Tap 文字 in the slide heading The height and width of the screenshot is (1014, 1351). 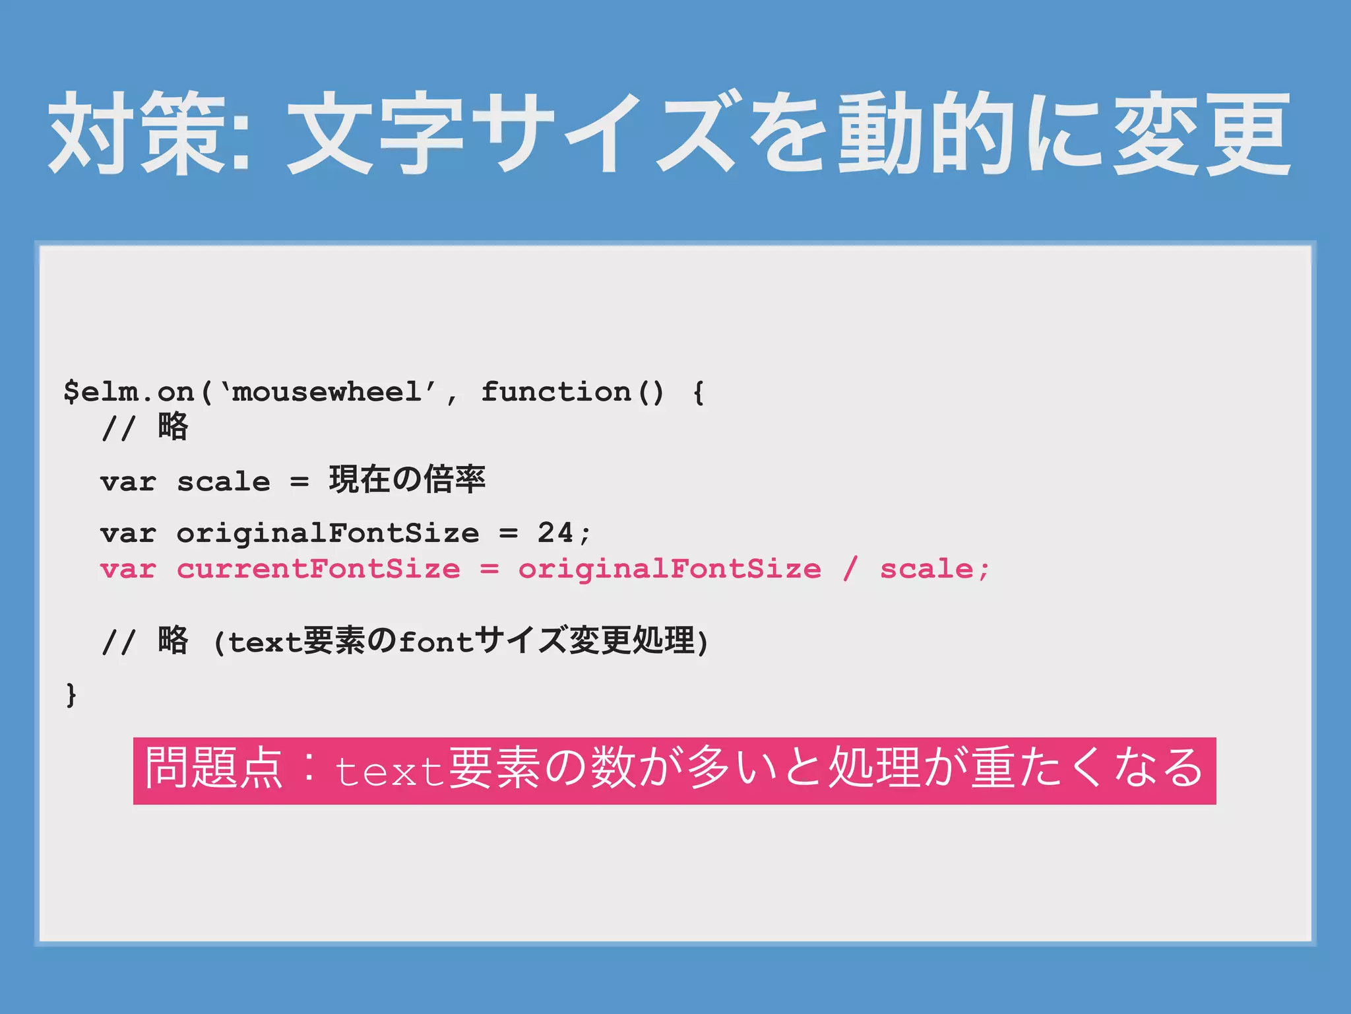coord(375,133)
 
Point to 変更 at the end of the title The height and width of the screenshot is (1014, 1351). coord(1201,133)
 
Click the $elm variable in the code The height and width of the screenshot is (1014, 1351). coord(101,392)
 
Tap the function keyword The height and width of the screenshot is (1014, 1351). coord(555,392)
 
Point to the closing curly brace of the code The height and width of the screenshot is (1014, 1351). coord(71,695)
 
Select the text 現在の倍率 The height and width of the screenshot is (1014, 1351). coord(407,480)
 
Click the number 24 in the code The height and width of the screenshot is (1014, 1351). coord(555,533)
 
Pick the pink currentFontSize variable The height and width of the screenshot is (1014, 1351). coord(318,569)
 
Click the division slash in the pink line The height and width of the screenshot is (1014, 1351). coord(851,569)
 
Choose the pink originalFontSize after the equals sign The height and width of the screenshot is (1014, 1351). coord(670,569)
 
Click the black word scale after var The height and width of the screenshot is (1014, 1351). coord(223,482)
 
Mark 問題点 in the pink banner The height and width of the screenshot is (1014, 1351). coord(214,768)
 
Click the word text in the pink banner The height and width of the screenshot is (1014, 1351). coord(389,771)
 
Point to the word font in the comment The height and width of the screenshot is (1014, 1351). coord(436,642)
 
